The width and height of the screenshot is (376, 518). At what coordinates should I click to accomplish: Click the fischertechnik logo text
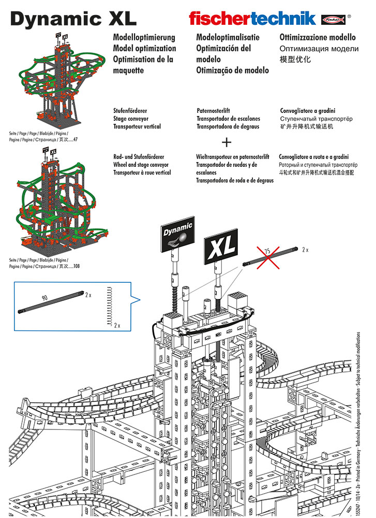[252, 19]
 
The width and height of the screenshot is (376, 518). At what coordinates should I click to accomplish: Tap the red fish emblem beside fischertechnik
[333, 19]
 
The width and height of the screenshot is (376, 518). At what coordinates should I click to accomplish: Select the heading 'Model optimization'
[144, 48]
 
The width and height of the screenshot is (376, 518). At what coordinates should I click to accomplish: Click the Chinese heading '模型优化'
[295, 59]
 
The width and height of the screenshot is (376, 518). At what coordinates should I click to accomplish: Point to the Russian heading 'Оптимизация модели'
[319, 48]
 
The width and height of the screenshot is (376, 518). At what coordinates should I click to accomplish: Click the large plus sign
[227, 142]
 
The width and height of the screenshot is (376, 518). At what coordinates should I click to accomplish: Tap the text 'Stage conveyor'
[133, 119]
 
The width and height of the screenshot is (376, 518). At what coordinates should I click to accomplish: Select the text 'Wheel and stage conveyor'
[141, 165]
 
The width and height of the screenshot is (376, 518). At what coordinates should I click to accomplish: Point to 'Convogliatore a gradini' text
[308, 111]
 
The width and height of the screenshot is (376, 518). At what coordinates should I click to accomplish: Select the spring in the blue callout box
[109, 305]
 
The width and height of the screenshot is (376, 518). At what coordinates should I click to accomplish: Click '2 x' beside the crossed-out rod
[305, 249]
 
